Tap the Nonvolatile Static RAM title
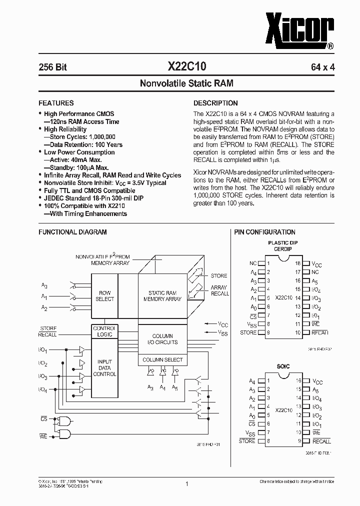click(x=179, y=83)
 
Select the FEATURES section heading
click(x=56, y=103)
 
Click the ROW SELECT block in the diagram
click(x=105, y=296)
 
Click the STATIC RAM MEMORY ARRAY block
click(x=162, y=296)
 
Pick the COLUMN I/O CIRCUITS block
click(x=162, y=339)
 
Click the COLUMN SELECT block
click(x=162, y=360)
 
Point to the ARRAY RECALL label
click(x=219, y=290)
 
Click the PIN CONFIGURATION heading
click(x=265, y=232)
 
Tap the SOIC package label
click(x=283, y=366)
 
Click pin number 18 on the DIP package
click(x=298, y=263)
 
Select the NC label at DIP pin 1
click(x=253, y=263)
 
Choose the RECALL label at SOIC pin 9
click(x=321, y=441)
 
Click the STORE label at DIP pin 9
click(x=248, y=332)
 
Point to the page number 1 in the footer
click(x=186, y=483)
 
